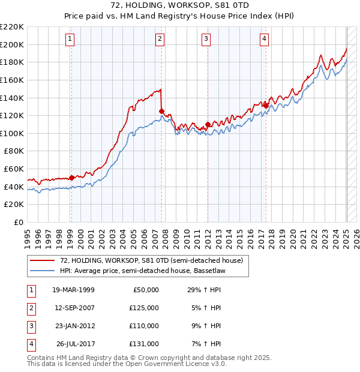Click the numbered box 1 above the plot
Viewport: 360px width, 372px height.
tap(70, 40)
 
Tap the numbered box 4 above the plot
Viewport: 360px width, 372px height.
tap(264, 40)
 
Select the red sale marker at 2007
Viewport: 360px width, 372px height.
tap(161, 111)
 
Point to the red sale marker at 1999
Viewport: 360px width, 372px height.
tap(71, 178)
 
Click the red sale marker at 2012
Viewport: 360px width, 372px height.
tap(208, 125)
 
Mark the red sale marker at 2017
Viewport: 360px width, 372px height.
tap(266, 106)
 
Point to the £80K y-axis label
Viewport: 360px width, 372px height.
tap(14, 151)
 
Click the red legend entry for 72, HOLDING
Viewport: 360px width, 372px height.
tap(151, 261)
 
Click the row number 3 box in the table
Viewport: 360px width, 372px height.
tap(29, 326)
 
